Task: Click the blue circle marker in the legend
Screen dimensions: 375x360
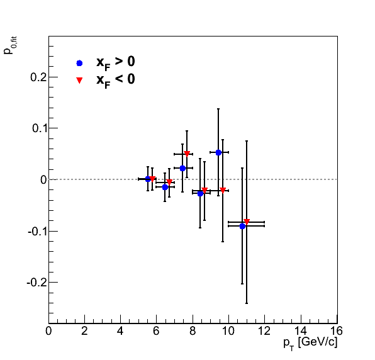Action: tap(79, 63)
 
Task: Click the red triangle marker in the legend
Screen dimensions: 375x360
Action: tap(79, 80)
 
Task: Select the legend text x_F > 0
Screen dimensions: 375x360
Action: tap(116, 63)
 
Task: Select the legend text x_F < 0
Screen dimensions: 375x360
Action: tap(116, 80)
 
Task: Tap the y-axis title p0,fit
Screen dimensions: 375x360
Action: tap(9, 45)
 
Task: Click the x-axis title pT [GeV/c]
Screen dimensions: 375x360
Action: tap(310, 344)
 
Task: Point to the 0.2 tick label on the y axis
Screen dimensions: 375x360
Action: tap(38, 77)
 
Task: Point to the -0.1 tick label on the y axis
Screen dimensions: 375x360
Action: tap(37, 232)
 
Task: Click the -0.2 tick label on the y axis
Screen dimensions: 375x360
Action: tap(36, 283)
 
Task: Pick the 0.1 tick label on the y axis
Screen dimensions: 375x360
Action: tap(39, 128)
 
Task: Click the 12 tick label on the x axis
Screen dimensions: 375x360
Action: tap(264, 331)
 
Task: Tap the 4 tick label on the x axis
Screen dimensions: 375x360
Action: tap(120, 331)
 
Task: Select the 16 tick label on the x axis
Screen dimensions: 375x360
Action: tap(336, 331)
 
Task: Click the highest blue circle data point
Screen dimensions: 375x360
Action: tap(218, 152)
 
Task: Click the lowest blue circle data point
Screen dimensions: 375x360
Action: tap(242, 226)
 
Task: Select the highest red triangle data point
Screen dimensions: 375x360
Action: tap(187, 154)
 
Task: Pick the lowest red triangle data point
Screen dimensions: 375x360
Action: tap(247, 222)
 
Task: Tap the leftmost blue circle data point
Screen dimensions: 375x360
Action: tap(148, 179)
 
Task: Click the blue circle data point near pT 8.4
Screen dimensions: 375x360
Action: tap(200, 193)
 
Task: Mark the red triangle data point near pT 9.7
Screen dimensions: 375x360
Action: tap(223, 190)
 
